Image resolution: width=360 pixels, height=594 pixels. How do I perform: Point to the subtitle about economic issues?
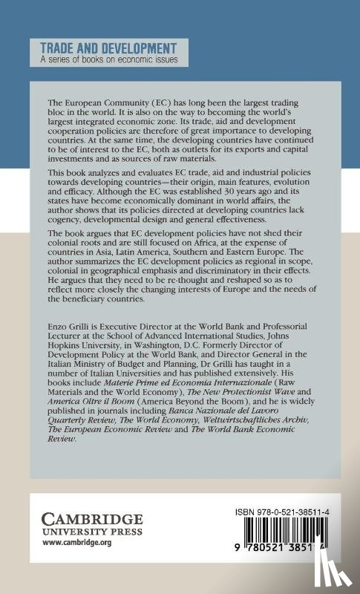(109, 59)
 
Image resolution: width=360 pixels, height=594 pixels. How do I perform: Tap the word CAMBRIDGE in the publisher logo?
(85, 512)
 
